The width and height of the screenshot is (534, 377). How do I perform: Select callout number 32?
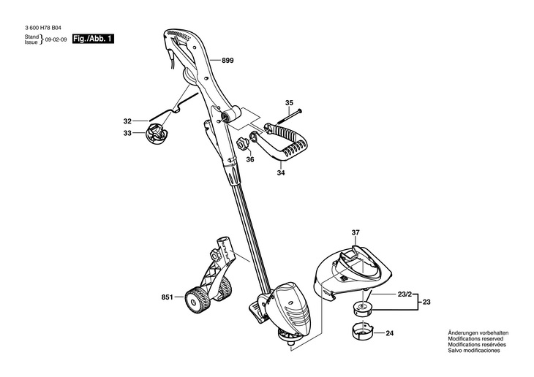tap(127, 121)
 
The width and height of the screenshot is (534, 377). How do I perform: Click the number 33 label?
tap(127, 133)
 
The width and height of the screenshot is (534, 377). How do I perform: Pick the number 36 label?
tap(249, 159)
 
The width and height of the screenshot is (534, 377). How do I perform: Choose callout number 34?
tap(281, 174)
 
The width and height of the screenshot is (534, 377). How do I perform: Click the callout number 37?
tap(356, 234)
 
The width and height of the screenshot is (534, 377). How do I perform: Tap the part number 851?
tap(167, 297)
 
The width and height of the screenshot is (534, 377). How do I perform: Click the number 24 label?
tap(389, 333)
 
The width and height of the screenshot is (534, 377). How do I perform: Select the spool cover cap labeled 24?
tap(358, 330)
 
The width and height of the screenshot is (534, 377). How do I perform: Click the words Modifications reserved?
tap(473, 339)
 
